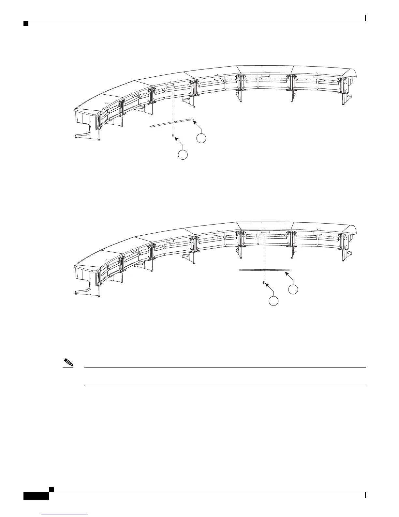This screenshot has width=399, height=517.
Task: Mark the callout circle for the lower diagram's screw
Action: [x=273, y=301]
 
